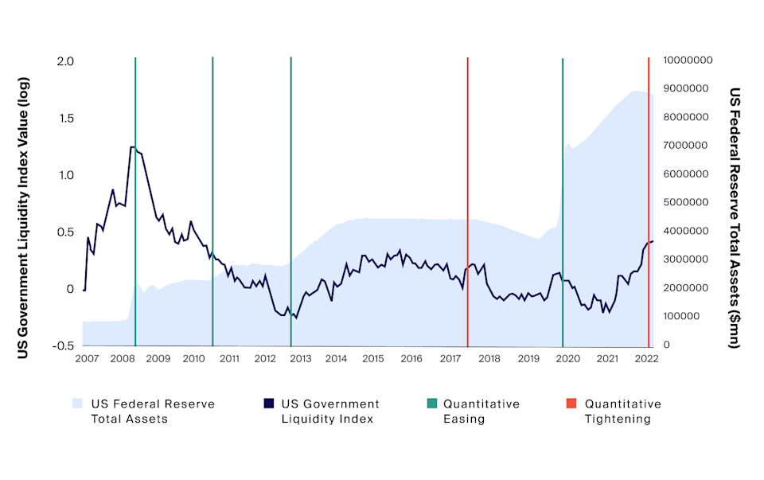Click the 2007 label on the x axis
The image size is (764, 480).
point(87,360)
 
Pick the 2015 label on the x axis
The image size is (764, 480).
point(373,360)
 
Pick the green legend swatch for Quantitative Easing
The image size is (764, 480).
point(431,404)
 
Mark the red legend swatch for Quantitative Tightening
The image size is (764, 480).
point(572,404)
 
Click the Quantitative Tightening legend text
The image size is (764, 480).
point(622,411)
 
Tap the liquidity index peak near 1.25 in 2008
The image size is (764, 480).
point(132,147)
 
